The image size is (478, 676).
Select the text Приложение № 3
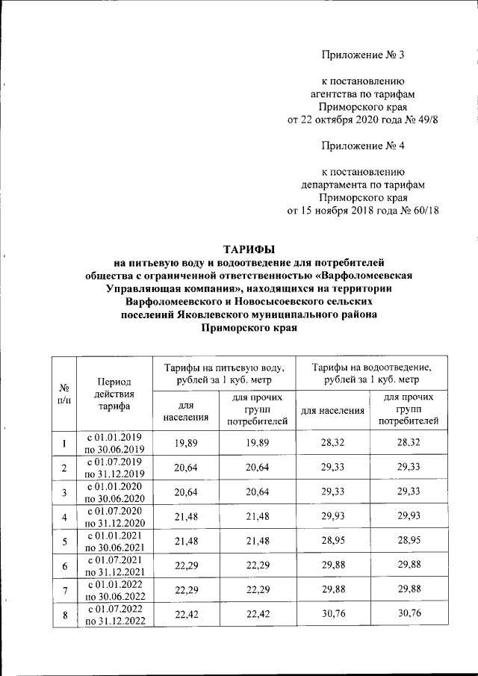(x=362, y=55)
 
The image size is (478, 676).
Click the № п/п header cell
(x=64, y=393)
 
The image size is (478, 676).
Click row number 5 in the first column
(x=64, y=542)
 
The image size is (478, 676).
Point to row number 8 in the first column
(x=64, y=615)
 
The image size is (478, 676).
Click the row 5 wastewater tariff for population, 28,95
(x=332, y=542)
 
